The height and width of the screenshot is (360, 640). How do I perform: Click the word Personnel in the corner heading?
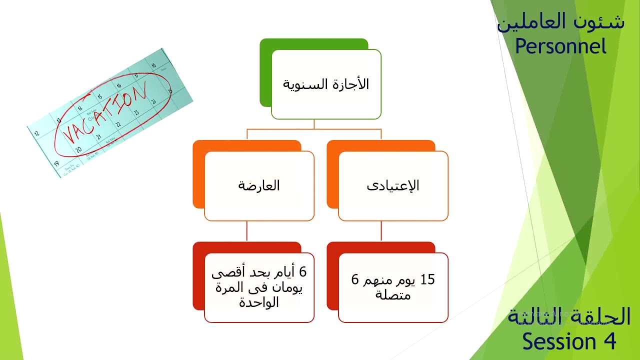coord(560,46)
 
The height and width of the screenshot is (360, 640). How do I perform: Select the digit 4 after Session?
coord(608,342)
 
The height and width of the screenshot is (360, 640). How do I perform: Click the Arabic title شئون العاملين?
coord(560,22)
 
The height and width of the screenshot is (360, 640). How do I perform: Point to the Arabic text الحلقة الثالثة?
coord(569,316)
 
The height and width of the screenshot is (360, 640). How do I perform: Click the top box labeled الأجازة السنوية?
coord(326,84)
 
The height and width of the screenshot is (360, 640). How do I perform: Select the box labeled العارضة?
coord(259,185)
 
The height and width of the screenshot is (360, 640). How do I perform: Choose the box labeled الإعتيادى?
coord(393,185)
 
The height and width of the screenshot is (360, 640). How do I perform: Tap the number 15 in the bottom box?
coord(427,280)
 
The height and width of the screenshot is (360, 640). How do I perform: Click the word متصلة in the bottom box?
coord(393,294)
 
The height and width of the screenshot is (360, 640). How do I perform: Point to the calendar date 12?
coord(36,133)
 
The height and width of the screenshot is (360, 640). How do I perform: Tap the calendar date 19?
coord(56,163)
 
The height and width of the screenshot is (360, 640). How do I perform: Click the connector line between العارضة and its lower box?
coord(247,231)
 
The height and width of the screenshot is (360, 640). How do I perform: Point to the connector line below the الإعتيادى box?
coord(381,231)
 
